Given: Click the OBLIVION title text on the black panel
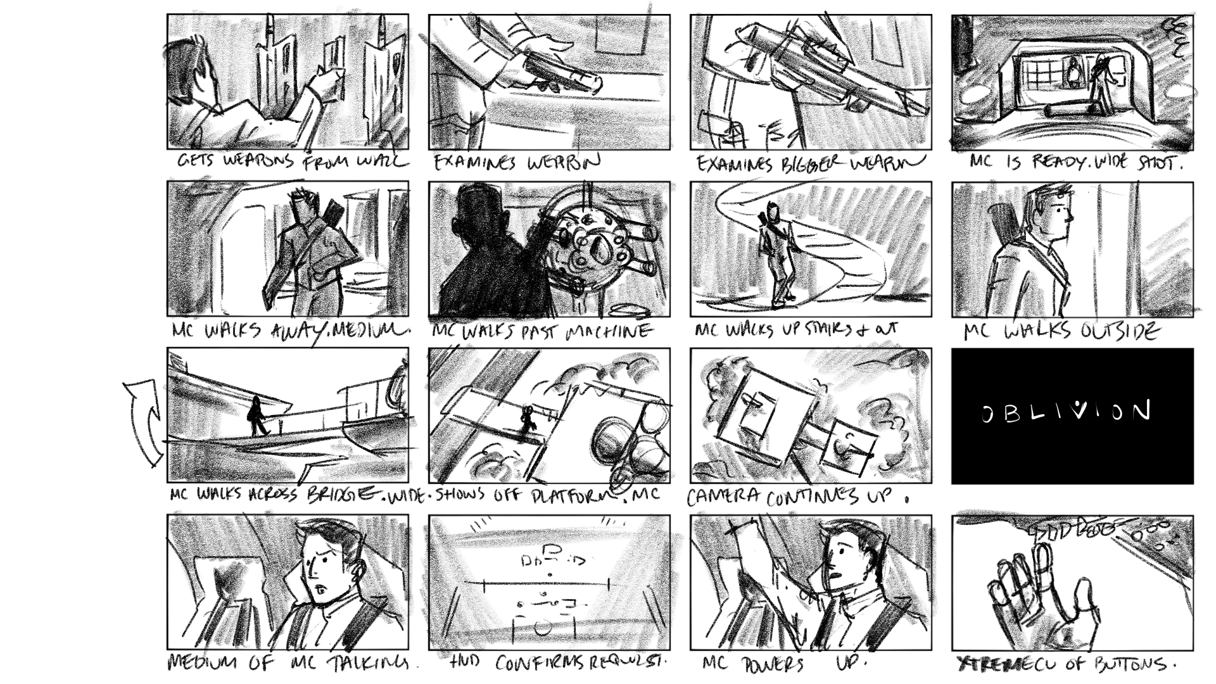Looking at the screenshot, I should pos(1066,412).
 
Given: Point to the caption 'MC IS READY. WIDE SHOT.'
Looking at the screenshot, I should pos(1076,163).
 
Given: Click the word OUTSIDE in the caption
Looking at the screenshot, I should pos(1118,331).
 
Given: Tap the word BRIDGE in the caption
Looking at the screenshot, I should pos(345,494).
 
